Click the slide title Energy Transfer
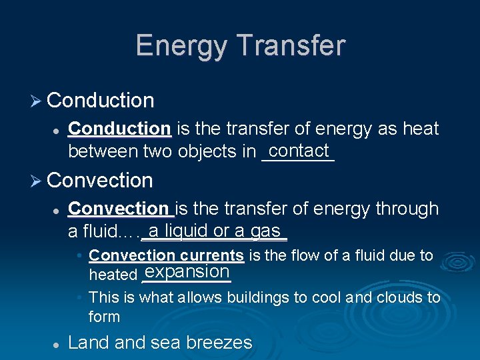pyautogui.click(x=240, y=46)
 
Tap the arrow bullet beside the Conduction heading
pyautogui.click(x=37, y=101)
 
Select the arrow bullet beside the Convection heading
pyautogui.click(x=37, y=181)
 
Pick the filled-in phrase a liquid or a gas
pyautogui.click(x=214, y=231)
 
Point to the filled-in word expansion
pyautogui.click(x=187, y=271)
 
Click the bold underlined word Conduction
pyautogui.click(x=120, y=129)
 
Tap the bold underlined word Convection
pyautogui.click(x=120, y=209)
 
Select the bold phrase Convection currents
pyautogui.click(x=166, y=255)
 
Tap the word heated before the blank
pyautogui.click(x=113, y=274)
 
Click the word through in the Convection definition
pyautogui.click(x=407, y=209)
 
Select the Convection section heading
pyautogui.click(x=100, y=180)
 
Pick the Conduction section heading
pyautogui.click(x=101, y=101)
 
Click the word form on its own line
pyautogui.click(x=104, y=317)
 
